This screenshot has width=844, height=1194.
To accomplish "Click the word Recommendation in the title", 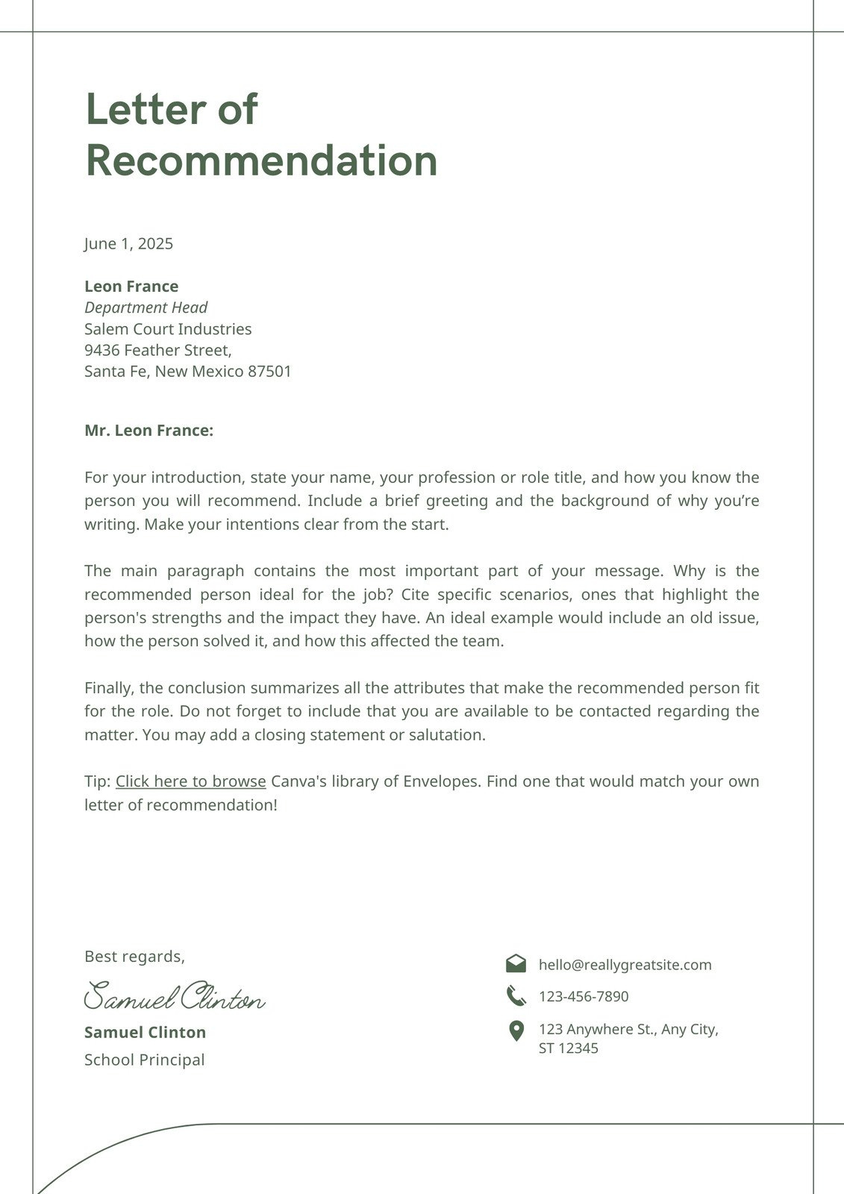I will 261,160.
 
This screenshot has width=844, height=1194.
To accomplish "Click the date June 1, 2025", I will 128,244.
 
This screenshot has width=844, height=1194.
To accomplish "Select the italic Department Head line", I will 146,307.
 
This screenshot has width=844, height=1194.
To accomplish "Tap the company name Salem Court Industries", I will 168,329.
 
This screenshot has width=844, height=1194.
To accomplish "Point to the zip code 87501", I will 269,372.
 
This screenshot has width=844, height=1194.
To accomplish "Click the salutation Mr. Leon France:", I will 149,431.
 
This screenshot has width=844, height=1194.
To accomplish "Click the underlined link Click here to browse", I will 190,781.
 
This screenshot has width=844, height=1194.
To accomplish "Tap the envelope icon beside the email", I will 516,963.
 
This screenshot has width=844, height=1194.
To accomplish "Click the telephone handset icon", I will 516,995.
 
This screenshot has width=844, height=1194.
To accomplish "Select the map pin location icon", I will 516,1031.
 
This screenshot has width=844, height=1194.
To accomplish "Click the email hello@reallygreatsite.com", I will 625,965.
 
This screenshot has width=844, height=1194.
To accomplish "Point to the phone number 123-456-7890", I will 584,996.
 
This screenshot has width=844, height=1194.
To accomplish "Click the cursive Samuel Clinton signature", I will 174,997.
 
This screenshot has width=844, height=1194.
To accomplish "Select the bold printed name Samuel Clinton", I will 145,1033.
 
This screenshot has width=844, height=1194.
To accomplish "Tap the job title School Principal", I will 144,1060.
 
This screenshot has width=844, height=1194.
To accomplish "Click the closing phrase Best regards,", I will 134,957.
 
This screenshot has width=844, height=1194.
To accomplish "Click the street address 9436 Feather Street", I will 157,350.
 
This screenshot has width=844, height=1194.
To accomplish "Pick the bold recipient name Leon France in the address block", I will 131,287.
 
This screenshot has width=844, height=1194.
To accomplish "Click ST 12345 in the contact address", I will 568,1048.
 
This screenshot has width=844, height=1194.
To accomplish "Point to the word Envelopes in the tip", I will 440,781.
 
